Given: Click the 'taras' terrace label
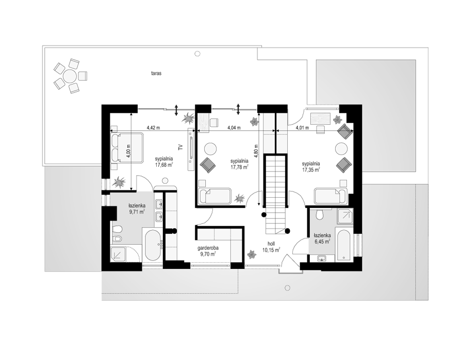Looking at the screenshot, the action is (x=156, y=73).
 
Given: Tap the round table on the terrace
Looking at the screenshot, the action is (x=70, y=76).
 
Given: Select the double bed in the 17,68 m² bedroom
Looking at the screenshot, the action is (x=127, y=148).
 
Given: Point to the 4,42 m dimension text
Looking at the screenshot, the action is (x=153, y=128).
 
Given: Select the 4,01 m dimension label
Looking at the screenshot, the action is (x=302, y=128).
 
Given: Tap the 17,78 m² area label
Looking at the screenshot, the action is (x=239, y=167).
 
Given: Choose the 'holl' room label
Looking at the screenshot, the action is (x=271, y=244).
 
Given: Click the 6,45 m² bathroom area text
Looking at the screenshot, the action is (x=322, y=242).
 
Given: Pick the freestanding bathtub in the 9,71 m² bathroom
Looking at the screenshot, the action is (x=153, y=245).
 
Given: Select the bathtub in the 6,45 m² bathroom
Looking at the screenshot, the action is (x=344, y=245).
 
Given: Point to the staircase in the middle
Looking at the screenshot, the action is (x=276, y=194).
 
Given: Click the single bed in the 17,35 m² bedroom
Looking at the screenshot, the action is (x=330, y=196).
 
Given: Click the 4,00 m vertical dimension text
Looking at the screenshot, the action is (x=128, y=151).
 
